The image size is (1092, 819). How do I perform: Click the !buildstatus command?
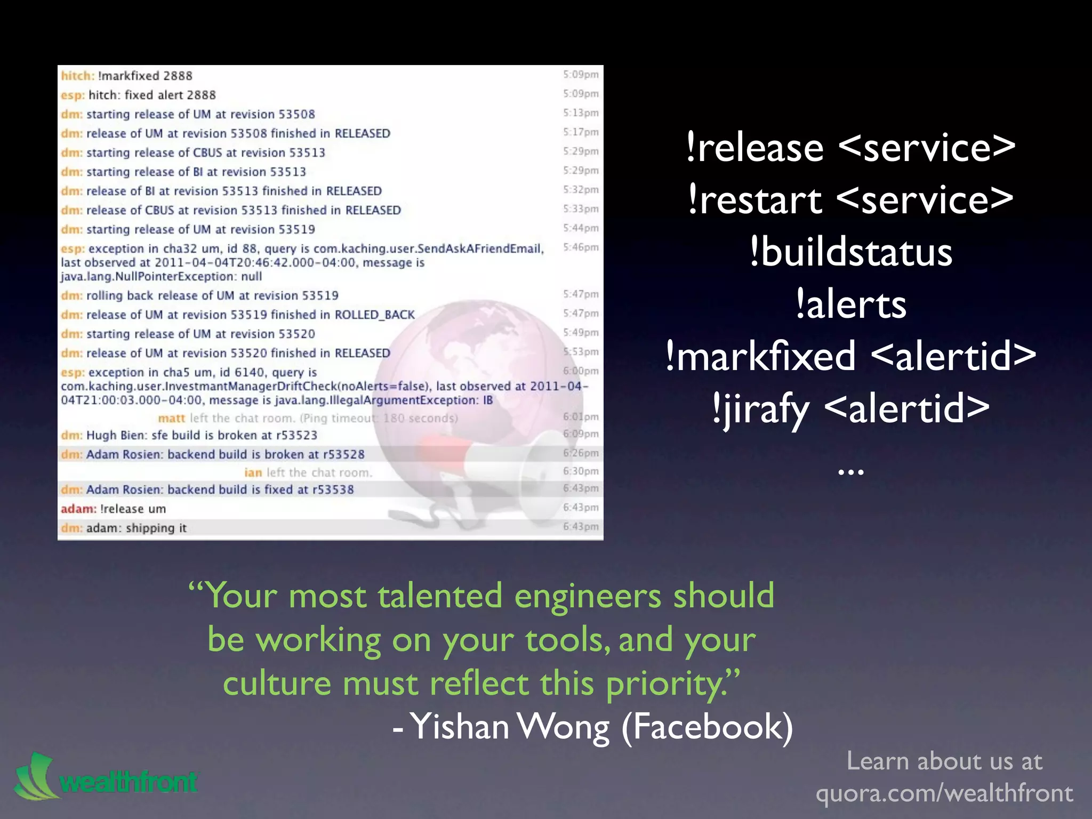click(x=850, y=253)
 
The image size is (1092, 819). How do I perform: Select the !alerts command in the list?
click(x=850, y=305)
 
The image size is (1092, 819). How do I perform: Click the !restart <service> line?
click(x=850, y=200)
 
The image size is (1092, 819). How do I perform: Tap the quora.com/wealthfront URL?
click(x=944, y=793)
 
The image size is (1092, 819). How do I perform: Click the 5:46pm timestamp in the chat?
click(x=581, y=247)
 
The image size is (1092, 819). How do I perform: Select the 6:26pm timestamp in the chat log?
click(x=581, y=453)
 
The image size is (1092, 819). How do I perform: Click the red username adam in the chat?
click(x=78, y=509)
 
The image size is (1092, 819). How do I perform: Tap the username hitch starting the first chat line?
click(x=77, y=76)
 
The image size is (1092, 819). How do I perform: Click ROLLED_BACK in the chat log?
click(x=374, y=315)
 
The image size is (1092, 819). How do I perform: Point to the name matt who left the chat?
click(x=171, y=419)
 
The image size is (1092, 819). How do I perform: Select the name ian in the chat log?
click(x=253, y=473)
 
